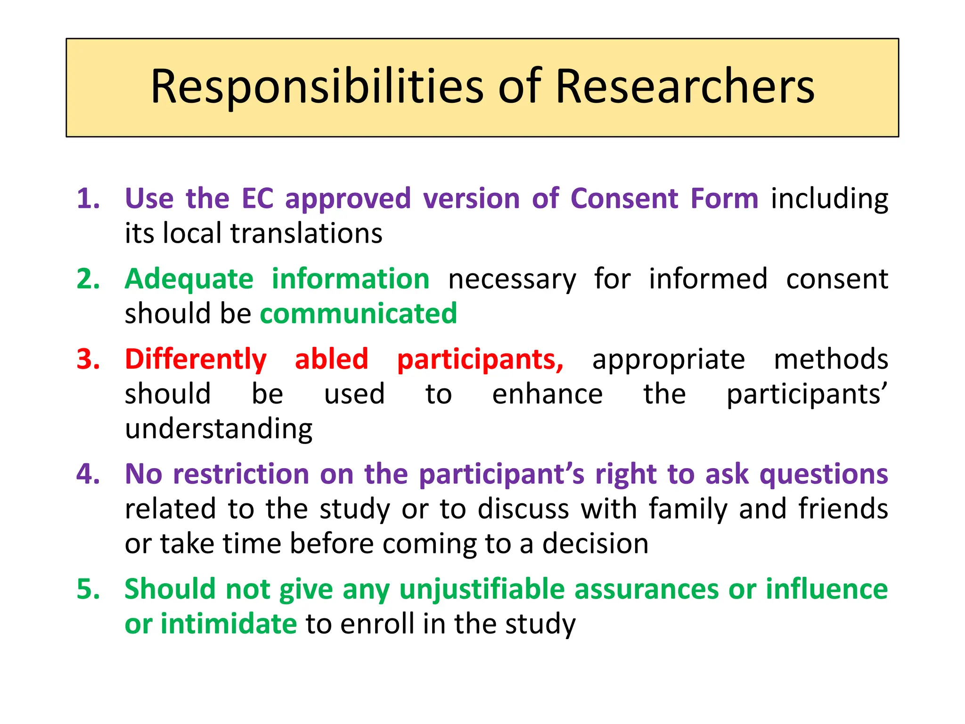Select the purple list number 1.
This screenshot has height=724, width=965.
[x=89, y=198]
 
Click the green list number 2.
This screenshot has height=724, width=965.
[x=89, y=279]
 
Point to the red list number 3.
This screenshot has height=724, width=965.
[x=89, y=359]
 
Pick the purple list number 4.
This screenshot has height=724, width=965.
[x=89, y=474]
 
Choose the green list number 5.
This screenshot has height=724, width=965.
[x=89, y=589]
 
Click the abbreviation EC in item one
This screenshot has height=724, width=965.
[x=257, y=198]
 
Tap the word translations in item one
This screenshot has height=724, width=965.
[x=306, y=233]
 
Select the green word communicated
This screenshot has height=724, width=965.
[x=358, y=314]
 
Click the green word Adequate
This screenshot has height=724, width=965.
[x=189, y=280]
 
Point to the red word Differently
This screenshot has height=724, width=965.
[x=196, y=360]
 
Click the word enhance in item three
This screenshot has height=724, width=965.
[x=547, y=395]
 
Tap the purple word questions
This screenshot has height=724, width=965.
[x=824, y=475]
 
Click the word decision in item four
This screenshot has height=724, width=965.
[x=595, y=544]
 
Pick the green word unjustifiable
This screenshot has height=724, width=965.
[x=482, y=590]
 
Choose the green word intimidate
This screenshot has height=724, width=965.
[x=229, y=624]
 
